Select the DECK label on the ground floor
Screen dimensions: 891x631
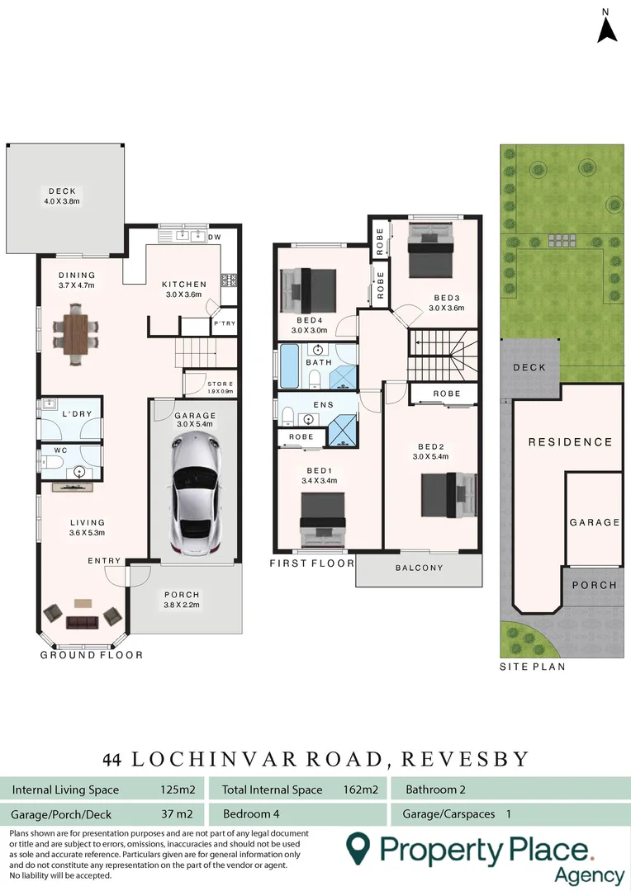62,191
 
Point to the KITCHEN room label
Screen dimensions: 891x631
184,285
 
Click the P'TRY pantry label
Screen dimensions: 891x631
225,323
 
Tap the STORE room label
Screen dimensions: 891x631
221,384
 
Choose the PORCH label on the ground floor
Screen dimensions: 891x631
182,594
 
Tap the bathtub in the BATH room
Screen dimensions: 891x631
289,367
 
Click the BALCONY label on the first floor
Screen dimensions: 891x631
419,568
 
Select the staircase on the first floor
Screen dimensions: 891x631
444,352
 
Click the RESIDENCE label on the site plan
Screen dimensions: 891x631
571,442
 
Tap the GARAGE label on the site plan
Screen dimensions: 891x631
594,522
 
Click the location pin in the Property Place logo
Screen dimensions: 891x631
358,847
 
